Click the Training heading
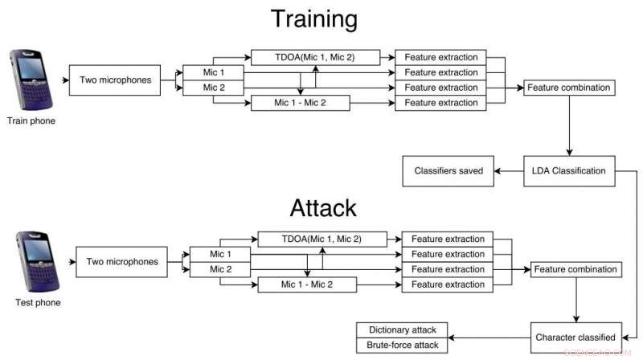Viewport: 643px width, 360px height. pyautogui.click(x=314, y=19)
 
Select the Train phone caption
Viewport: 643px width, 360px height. pyautogui.click(x=31, y=121)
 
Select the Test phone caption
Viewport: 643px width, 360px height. pyautogui.click(x=38, y=303)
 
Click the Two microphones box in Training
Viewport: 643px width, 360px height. pyautogui.click(x=116, y=80)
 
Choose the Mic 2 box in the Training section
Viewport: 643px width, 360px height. pyautogui.click(x=213, y=88)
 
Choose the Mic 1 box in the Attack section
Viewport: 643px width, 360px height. pyautogui.click(x=220, y=254)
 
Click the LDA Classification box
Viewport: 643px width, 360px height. pyautogui.click(x=568, y=170)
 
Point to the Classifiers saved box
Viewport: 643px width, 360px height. pyautogui.click(x=448, y=170)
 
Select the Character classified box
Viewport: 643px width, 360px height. pyautogui.click(x=575, y=337)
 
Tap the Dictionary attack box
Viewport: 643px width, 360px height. pyautogui.click(x=401, y=330)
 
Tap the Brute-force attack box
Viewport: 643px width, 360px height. pyautogui.click(x=401, y=346)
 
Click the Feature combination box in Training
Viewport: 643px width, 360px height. pyautogui.click(x=568, y=87)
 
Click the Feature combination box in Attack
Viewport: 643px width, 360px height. pyautogui.click(x=575, y=269)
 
